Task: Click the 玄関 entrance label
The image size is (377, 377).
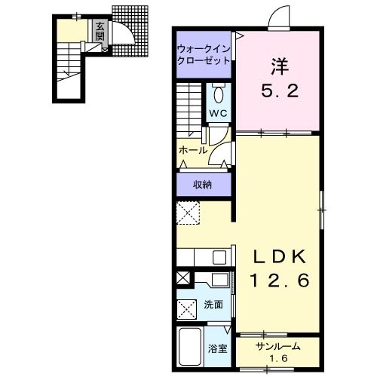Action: [100, 31]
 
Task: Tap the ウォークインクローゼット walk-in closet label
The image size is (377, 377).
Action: [204, 54]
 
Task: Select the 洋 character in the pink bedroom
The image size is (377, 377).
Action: [279, 66]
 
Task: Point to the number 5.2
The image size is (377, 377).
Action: [280, 90]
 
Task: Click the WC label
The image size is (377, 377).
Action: [219, 113]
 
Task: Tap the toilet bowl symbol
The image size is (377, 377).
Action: [219, 93]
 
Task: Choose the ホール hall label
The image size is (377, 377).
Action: [193, 151]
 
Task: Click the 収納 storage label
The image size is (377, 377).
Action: [202, 185]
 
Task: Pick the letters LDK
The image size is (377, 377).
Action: [279, 256]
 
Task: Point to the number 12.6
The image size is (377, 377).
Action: [279, 280]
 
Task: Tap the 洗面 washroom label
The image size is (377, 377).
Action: [213, 305]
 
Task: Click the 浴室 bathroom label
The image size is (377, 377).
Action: [217, 349]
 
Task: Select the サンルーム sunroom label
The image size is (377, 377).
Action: [277, 347]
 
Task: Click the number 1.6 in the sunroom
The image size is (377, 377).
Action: [279, 358]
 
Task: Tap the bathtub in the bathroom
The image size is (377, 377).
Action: [190, 347]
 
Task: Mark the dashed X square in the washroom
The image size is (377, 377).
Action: [187, 308]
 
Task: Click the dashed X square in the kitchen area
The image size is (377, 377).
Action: [188, 213]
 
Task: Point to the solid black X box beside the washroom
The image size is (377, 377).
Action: [183, 278]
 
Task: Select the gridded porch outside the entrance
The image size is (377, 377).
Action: [130, 31]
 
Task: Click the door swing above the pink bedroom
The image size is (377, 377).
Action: [279, 17]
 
